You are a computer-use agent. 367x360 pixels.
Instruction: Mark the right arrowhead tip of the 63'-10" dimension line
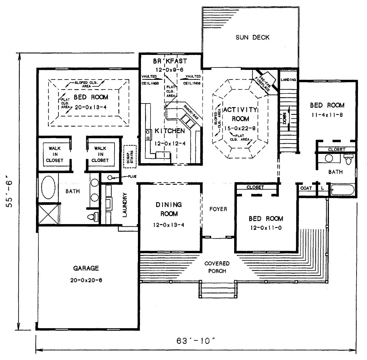coord(356,350)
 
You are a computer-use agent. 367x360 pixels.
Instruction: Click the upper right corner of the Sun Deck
coord(299,7)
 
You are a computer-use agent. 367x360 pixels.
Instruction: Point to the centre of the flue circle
coord(110,178)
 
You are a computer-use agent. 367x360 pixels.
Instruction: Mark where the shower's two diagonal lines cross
coord(48,214)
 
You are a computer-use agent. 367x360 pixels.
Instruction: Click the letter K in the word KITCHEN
coord(157,131)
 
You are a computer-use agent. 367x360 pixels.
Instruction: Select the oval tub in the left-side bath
coord(48,187)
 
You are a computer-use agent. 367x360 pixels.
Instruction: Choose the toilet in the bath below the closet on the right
coord(348,159)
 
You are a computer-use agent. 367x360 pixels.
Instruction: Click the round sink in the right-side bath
coord(329,158)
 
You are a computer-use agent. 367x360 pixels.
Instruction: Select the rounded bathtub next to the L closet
coord(342,190)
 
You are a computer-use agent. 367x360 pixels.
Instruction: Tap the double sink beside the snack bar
coord(188,121)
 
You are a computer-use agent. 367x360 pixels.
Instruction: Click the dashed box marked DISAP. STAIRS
coord(130,157)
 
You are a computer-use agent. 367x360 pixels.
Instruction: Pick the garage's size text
coord(86,280)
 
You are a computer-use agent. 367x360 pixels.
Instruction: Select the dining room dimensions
coord(169,225)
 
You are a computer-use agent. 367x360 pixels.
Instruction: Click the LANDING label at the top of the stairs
coord(288,80)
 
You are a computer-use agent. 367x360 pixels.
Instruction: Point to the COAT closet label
coord(306,188)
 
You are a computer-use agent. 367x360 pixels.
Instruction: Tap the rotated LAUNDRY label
coord(124,205)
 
